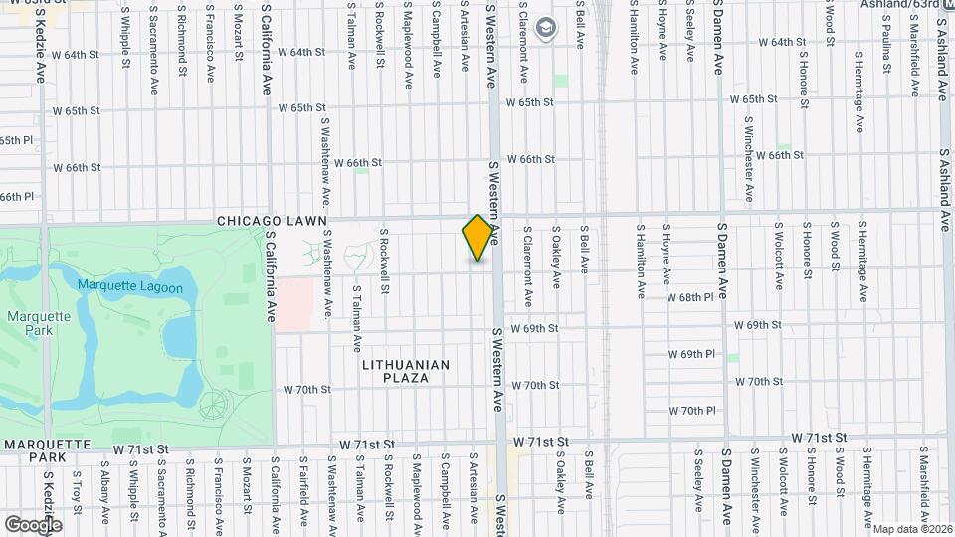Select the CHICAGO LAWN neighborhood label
click(258, 220)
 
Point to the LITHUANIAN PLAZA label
click(406, 371)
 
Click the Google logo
click(33, 524)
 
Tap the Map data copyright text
click(912, 529)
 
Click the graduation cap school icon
click(544, 28)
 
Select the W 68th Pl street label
click(690, 297)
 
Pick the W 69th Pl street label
click(692, 354)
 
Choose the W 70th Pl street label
click(692, 411)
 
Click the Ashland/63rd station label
click(906, 4)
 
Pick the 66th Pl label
click(16, 197)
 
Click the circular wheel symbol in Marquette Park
click(213, 404)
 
